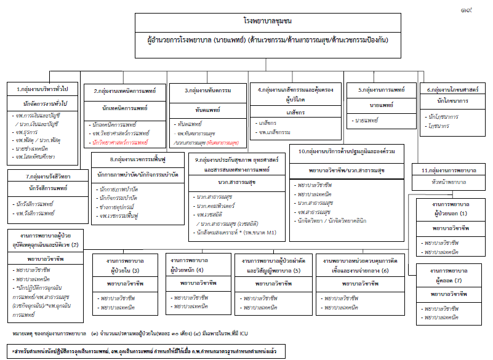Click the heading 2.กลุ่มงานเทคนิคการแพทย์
tap(125, 91)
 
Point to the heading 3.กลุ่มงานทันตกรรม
tap(208, 90)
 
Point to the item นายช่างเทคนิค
tap(34, 149)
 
